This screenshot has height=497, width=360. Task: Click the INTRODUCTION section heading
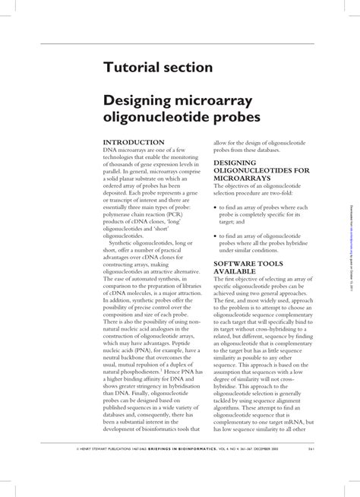coord(134,142)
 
